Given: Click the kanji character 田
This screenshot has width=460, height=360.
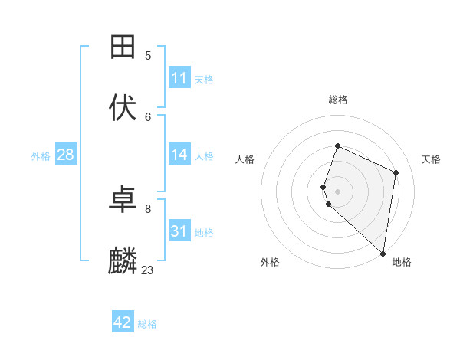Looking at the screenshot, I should (123, 47).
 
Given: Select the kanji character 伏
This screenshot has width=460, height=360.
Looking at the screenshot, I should (123, 108).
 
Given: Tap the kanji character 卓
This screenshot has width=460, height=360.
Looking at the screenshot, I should (123, 201).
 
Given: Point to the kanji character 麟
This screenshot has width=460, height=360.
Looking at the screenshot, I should (123, 261).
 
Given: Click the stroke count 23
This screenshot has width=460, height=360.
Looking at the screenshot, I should (147, 270).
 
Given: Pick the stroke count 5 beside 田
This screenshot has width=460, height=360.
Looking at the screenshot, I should (148, 55).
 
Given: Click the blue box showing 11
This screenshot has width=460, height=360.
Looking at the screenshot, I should (179, 78).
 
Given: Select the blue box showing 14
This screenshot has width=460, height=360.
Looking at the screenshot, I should (179, 155).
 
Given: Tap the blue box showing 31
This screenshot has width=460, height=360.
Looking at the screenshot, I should (179, 231).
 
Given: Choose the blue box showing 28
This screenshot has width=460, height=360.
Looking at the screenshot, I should (65, 155).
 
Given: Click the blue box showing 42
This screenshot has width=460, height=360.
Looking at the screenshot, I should (123, 322).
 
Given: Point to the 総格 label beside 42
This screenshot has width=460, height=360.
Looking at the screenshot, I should (147, 324).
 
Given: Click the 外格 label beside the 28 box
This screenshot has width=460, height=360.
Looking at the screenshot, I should (41, 156).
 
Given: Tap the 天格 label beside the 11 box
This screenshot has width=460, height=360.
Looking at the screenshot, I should (204, 80).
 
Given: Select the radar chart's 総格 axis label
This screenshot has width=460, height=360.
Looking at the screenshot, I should (338, 100).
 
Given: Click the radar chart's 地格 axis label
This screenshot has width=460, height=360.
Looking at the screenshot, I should (402, 262).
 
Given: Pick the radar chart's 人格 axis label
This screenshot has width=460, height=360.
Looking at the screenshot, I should (245, 159).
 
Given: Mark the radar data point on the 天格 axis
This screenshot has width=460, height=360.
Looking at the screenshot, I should (396, 172).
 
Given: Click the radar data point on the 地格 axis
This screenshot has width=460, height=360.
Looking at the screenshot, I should (383, 254).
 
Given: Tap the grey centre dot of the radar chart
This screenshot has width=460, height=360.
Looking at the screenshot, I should (338, 191).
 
